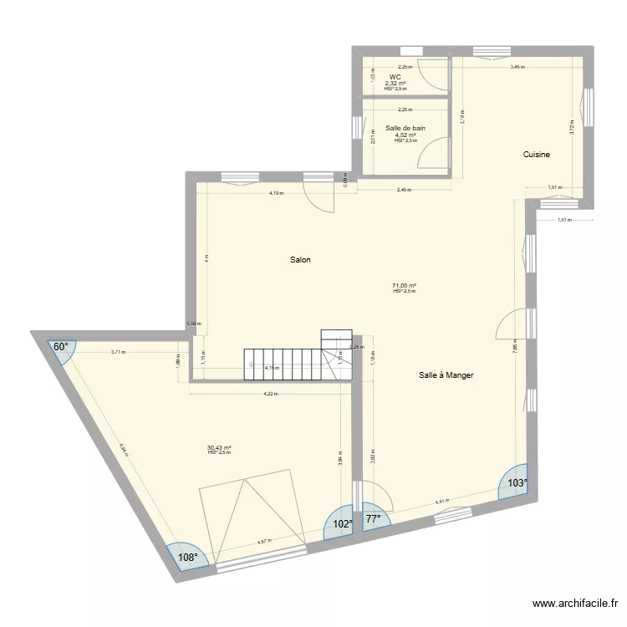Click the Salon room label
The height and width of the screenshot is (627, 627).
(300, 260)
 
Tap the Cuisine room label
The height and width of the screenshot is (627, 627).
(536, 155)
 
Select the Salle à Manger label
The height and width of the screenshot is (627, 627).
(446, 375)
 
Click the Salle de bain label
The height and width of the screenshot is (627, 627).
(405, 129)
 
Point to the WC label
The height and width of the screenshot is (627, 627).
(395, 77)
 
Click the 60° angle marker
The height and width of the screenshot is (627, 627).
(61, 346)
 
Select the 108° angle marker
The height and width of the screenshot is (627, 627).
(185, 558)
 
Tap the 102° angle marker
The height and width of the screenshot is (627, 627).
(343, 525)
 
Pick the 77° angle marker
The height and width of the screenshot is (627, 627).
(371, 519)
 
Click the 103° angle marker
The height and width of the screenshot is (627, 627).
(516, 483)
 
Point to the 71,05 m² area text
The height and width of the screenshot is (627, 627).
(405, 285)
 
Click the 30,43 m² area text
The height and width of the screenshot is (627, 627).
(218, 447)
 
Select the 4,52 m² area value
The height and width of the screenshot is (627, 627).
(405, 135)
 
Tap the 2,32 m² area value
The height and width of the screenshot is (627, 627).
(395, 83)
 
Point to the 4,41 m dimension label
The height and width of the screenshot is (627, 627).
(441, 502)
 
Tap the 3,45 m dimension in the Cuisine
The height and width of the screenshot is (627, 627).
(517, 67)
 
